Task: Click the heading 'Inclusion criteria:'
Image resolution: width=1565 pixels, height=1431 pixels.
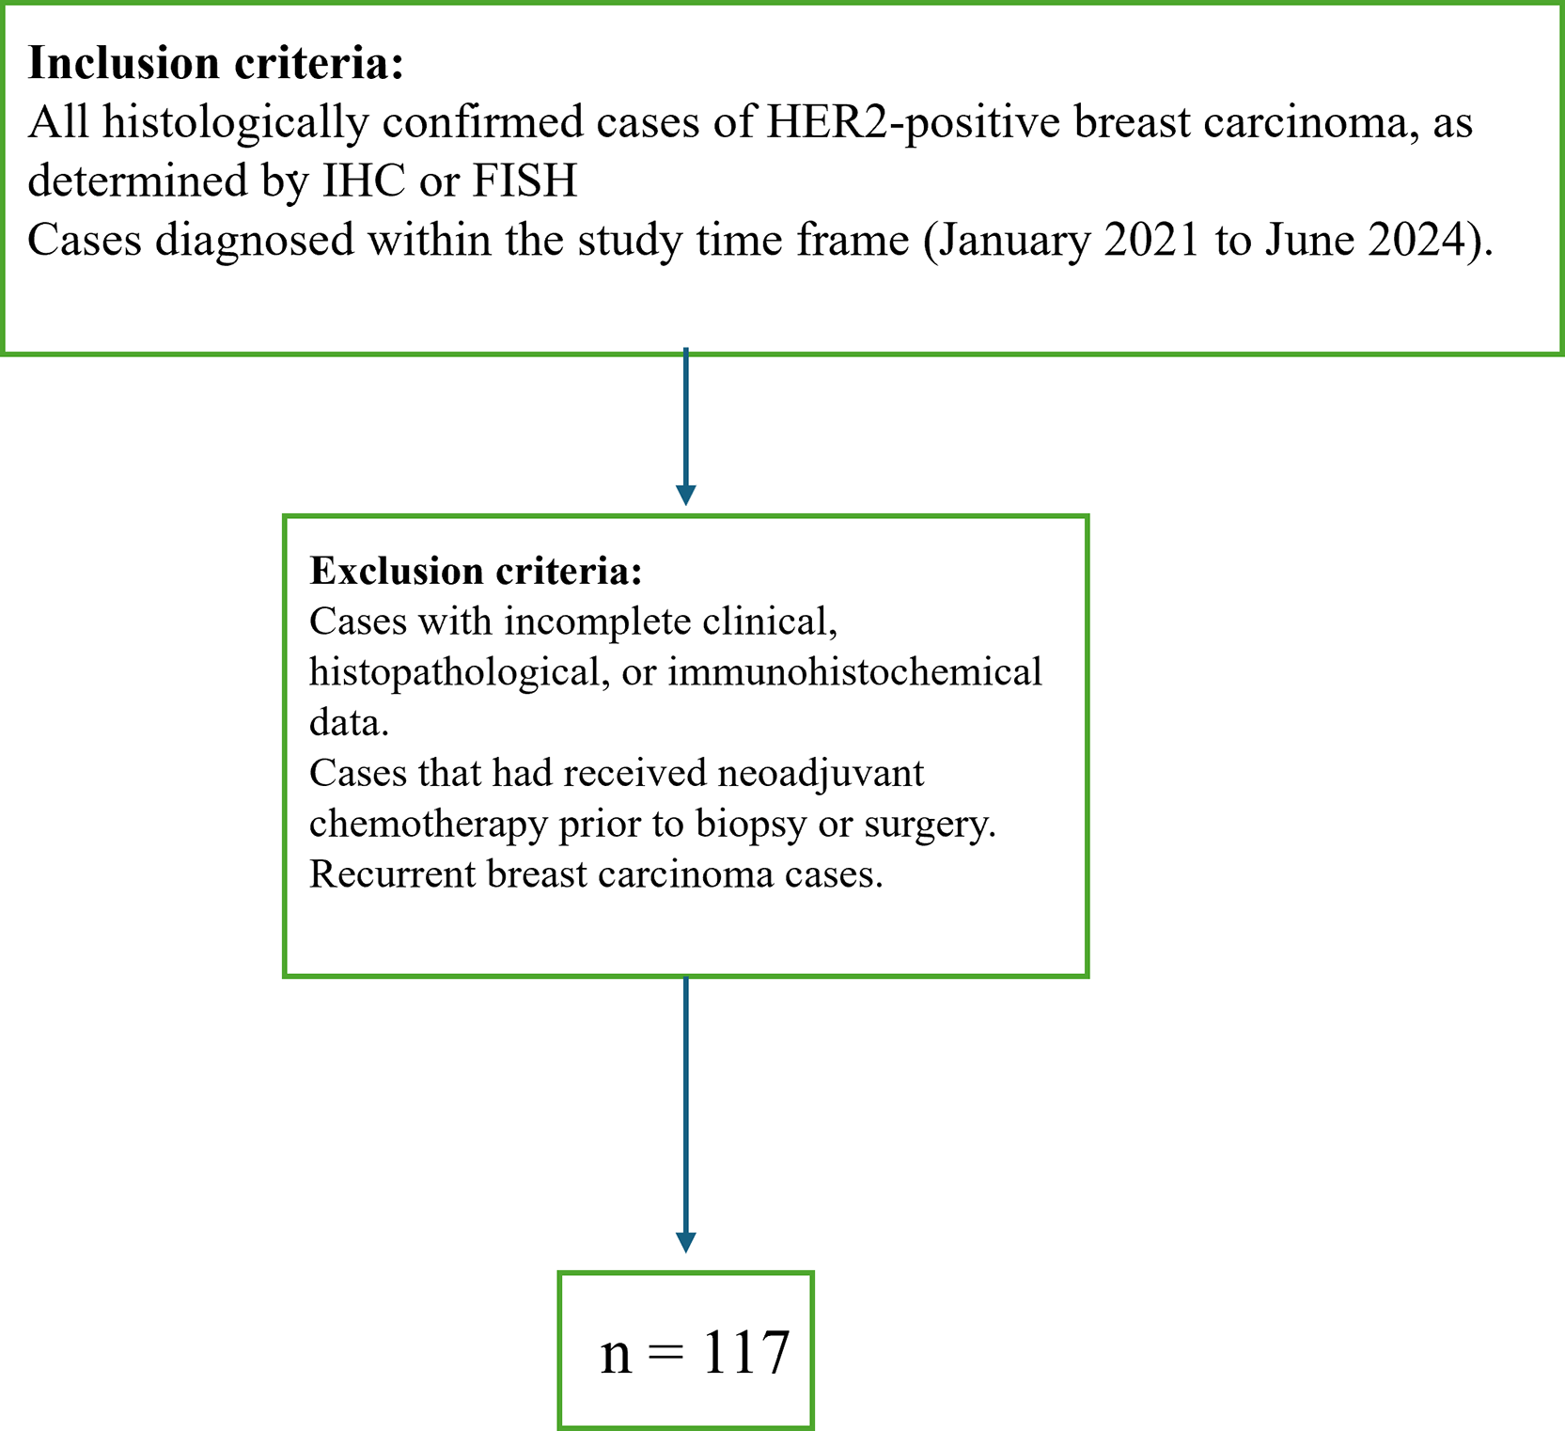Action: pyautogui.click(x=215, y=63)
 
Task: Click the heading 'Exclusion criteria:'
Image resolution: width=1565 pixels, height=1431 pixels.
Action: pyautogui.click(x=476, y=571)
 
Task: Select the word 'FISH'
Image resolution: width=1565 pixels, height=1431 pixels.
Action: pyautogui.click(x=524, y=181)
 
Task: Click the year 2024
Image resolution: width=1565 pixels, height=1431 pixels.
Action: pyautogui.click(x=1416, y=240)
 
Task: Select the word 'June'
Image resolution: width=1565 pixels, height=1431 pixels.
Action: pyautogui.click(x=1308, y=240)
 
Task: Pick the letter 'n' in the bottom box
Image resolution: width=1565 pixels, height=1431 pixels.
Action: pyautogui.click(x=616, y=1360)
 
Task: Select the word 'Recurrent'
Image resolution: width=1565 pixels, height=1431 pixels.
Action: pyautogui.click(x=392, y=873)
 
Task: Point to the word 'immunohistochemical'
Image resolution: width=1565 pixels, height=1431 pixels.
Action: pyautogui.click(x=854, y=672)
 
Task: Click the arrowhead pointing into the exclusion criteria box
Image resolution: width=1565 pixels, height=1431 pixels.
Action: pyautogui.click(x=686, y=495)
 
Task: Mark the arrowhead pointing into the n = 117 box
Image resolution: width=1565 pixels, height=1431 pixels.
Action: pyautogui.click(x=686, y=1242)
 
